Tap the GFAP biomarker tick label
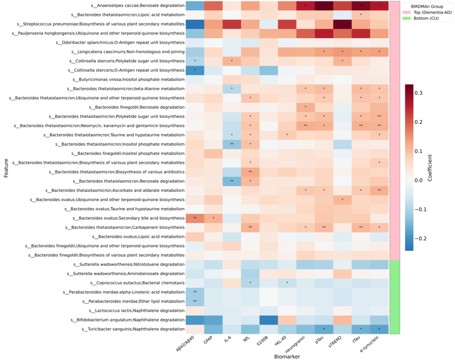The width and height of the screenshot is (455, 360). point(208,340)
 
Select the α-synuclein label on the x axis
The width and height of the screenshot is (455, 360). point(370,344)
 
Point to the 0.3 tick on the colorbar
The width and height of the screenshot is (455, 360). point(419,93)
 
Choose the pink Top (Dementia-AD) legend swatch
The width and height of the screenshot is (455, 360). point(406,12)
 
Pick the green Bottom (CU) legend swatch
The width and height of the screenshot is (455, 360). point(406,18)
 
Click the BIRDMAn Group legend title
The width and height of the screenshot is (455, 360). point(427,6)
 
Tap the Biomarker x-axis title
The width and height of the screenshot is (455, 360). point(287,357)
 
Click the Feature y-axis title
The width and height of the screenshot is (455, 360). point(6,168)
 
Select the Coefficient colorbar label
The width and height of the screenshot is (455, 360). point(430,168)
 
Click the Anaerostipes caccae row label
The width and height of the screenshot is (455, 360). point(138,6)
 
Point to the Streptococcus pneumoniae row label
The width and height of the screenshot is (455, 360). point(100,24)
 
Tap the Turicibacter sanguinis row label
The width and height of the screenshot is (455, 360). point(133,329)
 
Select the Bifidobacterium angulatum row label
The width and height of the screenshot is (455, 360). point(127,319)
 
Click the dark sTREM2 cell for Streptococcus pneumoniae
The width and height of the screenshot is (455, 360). point(342,24)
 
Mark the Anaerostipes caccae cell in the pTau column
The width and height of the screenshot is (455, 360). point(324,6)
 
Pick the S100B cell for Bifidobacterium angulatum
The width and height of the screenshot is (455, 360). point(269,320)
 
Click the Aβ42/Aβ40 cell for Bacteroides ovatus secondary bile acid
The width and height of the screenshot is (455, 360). point(195,218)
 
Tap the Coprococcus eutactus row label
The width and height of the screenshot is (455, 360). point(137,283)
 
